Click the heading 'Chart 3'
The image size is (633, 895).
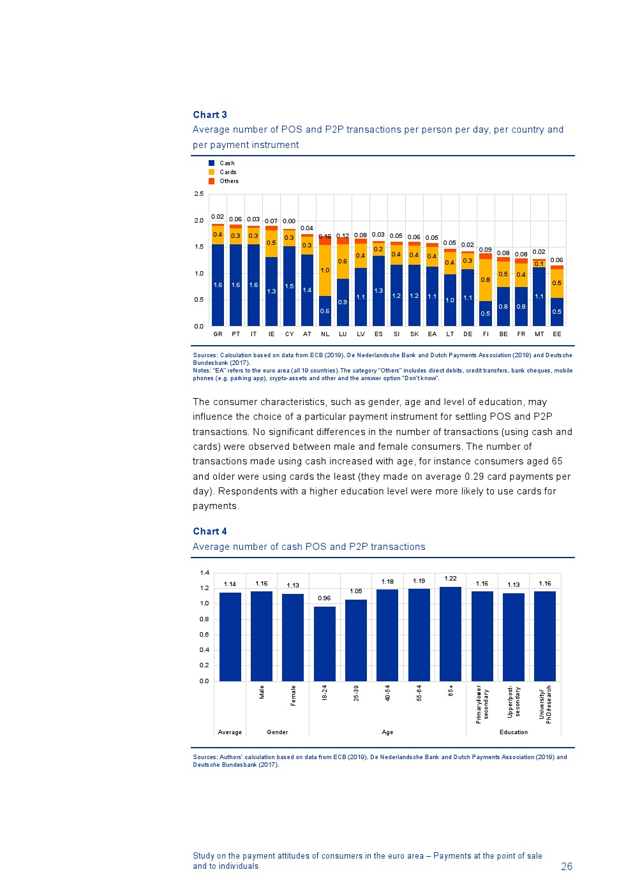click(x=210, y=115)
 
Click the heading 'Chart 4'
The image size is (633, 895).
click(x=210, y=531)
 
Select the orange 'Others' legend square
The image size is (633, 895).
click(x=212, y=181)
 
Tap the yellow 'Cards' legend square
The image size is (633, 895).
click(x=212, y=172)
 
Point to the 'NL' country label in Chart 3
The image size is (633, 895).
click(x=325, y=334)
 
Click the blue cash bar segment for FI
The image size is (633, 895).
click(x=486, y=313)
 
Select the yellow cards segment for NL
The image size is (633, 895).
click(x=325, y=270)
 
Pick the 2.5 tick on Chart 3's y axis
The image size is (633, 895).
click(x=199, y=194)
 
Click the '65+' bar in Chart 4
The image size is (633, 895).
click(x=451, y=634)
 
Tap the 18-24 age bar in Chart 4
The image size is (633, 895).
click(x=325, y=644)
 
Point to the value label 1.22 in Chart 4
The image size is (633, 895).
click(x=451, y=579)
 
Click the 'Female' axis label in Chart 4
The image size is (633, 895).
click(x=294, y=695)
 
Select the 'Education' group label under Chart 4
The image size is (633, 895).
click(x=514, y=732)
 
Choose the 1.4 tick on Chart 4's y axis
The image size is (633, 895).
click(x=204, y=573)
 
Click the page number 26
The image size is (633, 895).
click(x=567, y=866)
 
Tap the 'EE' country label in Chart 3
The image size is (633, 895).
click(x=557, y=334)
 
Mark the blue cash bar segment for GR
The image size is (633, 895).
click(x=218, y=285)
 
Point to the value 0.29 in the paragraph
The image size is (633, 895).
click(x=475, y=477)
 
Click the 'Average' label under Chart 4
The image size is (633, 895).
click(x=230, y=732)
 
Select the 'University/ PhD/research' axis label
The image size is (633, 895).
click(x=546, y=703)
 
